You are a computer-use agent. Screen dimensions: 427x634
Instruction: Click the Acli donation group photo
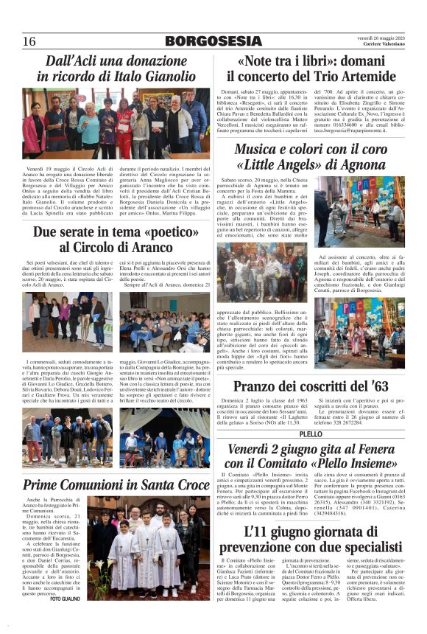[x=116, y=123]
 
